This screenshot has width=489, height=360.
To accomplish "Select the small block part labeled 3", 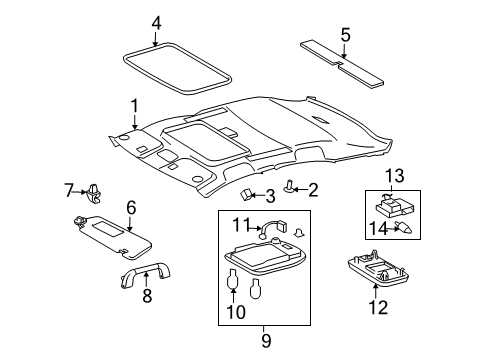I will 247,193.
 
